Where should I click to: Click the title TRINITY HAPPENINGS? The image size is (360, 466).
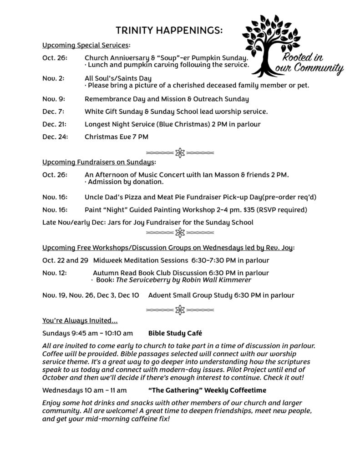tap(169, 30)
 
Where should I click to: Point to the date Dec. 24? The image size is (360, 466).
tap(55, 136)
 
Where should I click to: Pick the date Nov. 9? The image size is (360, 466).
tap(53, 99)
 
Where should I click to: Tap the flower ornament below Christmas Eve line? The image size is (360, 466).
tap(180, 153)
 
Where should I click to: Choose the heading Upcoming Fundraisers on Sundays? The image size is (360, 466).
tap(98, 162)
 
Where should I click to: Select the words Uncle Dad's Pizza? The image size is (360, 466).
tap(112, 197)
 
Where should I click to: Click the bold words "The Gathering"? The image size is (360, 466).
tap(173, 390)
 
